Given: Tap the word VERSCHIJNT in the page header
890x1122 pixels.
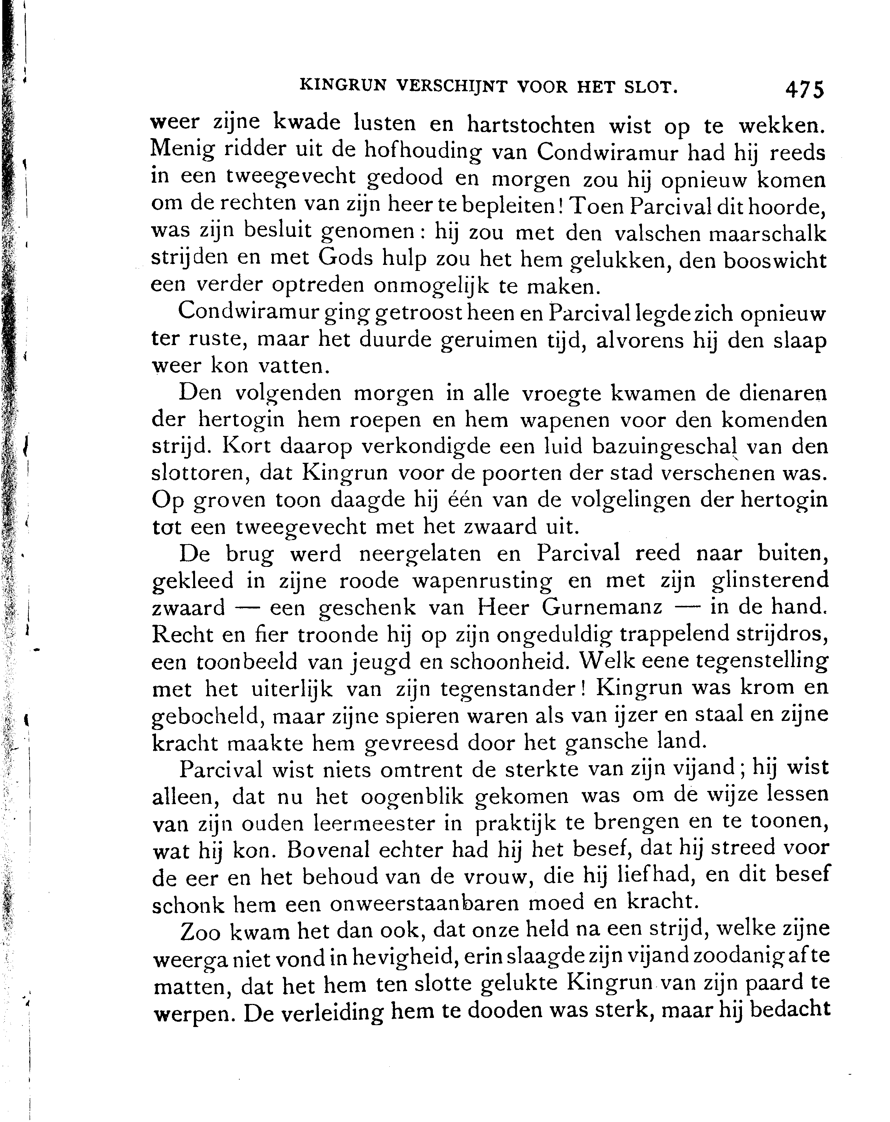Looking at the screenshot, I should coord(451,86).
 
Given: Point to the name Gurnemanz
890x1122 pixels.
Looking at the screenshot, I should coord(602,607).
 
